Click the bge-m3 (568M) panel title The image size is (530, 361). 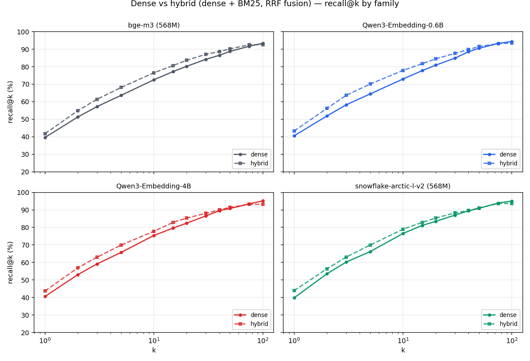pyautogui.click(x=154, y=25)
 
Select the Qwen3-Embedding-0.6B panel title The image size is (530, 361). pyautogui.click(x=403, y=25)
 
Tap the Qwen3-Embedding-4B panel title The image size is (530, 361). pyautogui.click(x=153, y=186)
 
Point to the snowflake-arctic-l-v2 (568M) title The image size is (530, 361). pyautogui.click(x=403, y=186)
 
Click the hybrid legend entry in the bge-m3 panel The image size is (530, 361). pyautogui.click(x=251, y=163)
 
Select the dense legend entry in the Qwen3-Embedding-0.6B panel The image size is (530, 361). pyautogui.click(x=500, y=154)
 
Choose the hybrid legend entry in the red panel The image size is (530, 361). pyautogui.click(x=251, y=324)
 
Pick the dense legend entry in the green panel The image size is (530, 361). pyautogui.click(x=500, y=315)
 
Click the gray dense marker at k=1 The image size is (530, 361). pyautogui.click(x=45, y=138)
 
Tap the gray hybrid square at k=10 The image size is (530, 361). pyautogui.click(x=154, y=73)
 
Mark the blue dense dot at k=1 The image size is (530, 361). pyautogui.click(x=294, y=136)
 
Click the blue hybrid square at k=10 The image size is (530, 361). pyautogui.click(x=403, y=70)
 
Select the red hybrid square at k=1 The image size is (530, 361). pyautogui.click(x=45, y=291)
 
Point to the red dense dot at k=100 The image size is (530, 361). pyautogui.click(x=263, y=201)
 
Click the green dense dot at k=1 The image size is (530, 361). pyautogui.click(x=294, y=298)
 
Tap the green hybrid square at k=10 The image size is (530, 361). pyautogui.click(x=403, y=229)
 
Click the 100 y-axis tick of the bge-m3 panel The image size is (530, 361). pyautogui.click(x=23, y=32)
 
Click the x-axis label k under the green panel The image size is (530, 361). pyautogui.click(x=403, y=350)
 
